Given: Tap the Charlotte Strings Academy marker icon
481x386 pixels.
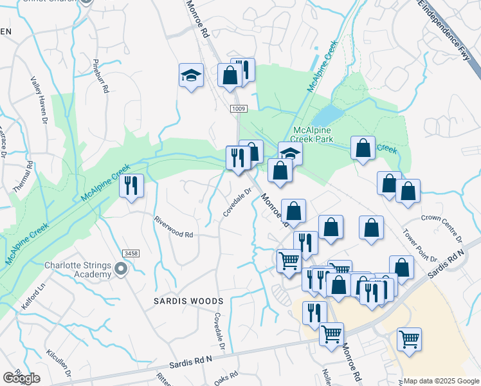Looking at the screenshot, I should click(120, 270).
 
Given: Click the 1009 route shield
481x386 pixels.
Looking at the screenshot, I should click(239, 109).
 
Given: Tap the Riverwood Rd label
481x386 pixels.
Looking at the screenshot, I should click(174, 226).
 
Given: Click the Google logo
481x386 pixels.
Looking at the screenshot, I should click(21, 378).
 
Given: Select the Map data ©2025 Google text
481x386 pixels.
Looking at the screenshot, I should click(440, 381).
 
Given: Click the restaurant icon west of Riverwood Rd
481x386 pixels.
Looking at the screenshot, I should click(132, 186).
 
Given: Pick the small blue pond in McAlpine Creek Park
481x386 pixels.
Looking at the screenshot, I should click(327, 116).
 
